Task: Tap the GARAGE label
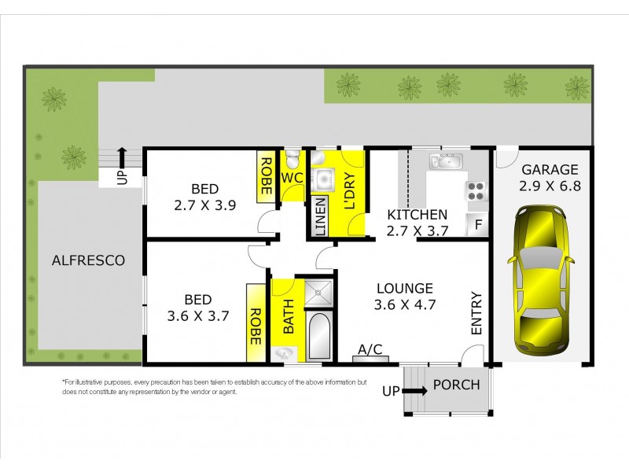550,169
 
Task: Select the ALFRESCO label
88,260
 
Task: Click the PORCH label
456,385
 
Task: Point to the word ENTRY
476,314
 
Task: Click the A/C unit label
370,349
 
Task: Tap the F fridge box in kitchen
476,225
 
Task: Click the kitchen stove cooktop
476,190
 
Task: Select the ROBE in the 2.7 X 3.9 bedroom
267,175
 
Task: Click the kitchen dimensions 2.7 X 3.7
416,231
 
